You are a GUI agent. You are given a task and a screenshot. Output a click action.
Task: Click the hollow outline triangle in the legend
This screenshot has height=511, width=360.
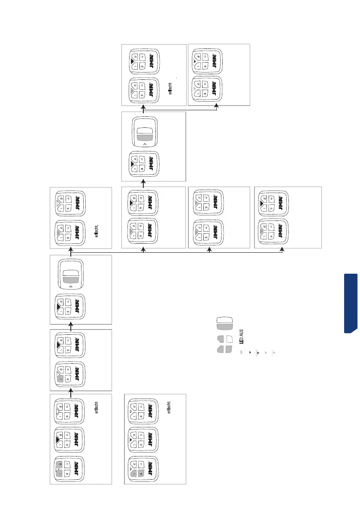click(241, 352)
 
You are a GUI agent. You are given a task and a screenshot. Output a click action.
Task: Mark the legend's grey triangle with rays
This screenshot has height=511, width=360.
click(274, 352)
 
